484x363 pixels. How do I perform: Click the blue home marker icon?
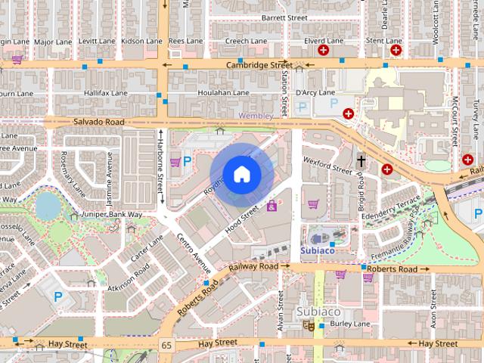click(240, 173)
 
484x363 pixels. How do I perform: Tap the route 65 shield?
click(166, 345)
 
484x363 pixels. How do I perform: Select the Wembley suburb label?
click(256, 116)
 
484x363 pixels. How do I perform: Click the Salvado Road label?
click(98, 122)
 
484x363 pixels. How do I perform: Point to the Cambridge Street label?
click(259, 66)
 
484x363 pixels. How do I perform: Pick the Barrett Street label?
click(284, 17)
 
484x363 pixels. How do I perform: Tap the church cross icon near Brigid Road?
click(361, 160)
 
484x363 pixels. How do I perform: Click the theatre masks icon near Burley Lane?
click(309, 324)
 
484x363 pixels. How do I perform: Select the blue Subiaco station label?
click(317, 249)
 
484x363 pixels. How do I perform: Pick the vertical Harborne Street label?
click(160, 167)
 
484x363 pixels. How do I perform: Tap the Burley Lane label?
click(350, 324)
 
